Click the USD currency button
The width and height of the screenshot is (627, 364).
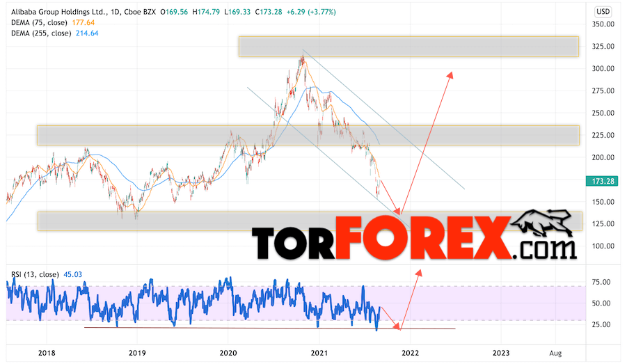(603, 12)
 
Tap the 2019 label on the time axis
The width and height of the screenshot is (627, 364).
(138, 354)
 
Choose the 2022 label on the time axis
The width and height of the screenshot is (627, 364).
(409, 354)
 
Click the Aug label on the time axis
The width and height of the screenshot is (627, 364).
(555, 354)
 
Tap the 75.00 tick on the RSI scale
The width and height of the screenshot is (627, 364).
(601, 282)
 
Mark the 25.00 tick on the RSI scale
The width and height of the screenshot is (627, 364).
(601, 325)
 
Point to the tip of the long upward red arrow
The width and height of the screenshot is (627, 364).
(451, 73)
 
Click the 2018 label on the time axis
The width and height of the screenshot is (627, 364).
(47, 354)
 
